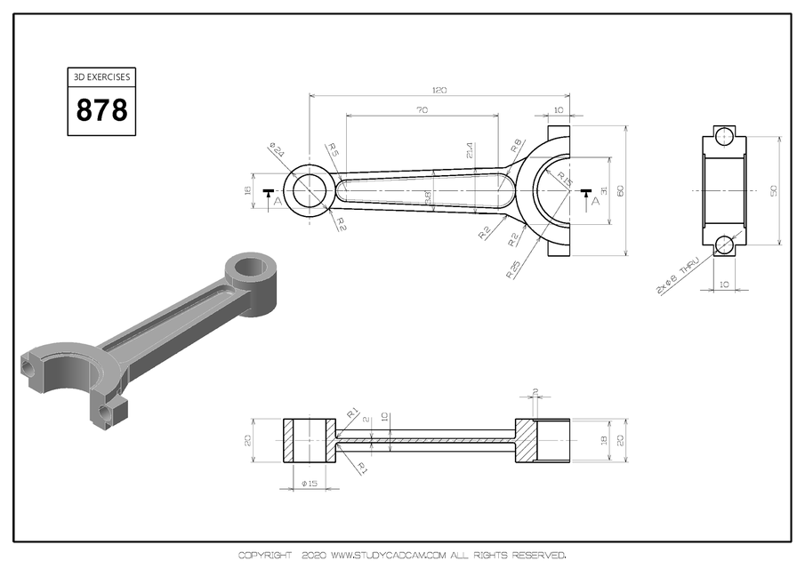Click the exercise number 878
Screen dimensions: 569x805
tap(102, 110)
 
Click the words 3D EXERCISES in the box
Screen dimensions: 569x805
tap(102, 77)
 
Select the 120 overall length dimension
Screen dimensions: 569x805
tap(439, 90)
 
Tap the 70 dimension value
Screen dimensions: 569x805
tap(422, 110)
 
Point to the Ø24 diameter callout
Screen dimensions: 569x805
tap(277, 152)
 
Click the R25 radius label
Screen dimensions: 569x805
tap(514, 268)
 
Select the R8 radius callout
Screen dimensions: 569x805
tap(516, 146)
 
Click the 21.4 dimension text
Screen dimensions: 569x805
tap(470, 151)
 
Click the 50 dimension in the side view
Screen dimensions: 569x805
tap(773, 190)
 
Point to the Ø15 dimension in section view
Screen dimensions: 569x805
tap(310, 484)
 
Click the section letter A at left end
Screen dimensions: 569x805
tap(278, 202)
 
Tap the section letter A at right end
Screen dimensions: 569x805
tap(594, 201)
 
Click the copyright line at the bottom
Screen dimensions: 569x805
tap(402, 556)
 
